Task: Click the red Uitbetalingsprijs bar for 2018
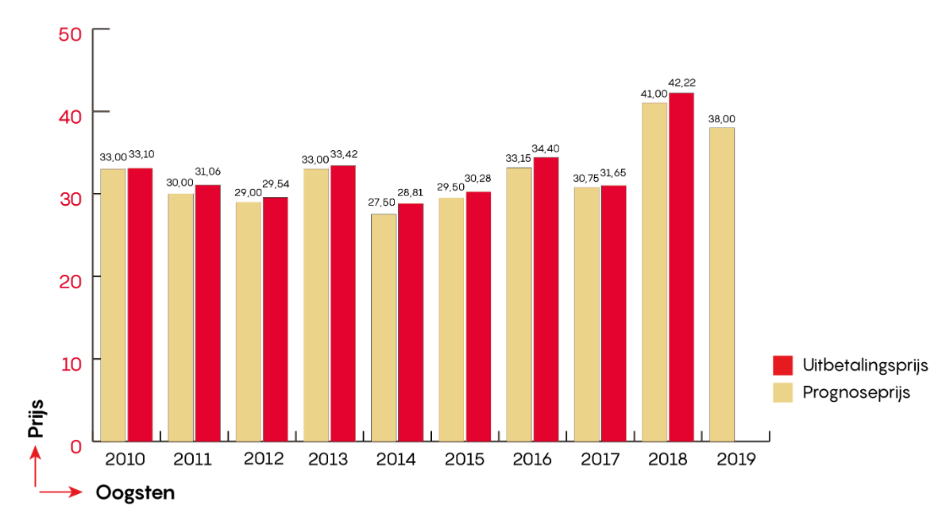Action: pos(681,266)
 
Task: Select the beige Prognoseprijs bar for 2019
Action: pos(722,284)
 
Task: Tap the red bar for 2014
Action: pos(411,322)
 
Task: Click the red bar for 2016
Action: pos(546,299)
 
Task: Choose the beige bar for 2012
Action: pos(249,321)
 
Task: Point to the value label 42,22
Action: pos(682,83)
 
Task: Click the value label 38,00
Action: pos(721,119)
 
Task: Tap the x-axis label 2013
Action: pos(328,459)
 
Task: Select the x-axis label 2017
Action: pos(599,459)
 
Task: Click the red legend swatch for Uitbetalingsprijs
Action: pos(783,365)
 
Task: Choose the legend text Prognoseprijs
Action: pos(856,392)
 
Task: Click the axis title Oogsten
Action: pos(135,493)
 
